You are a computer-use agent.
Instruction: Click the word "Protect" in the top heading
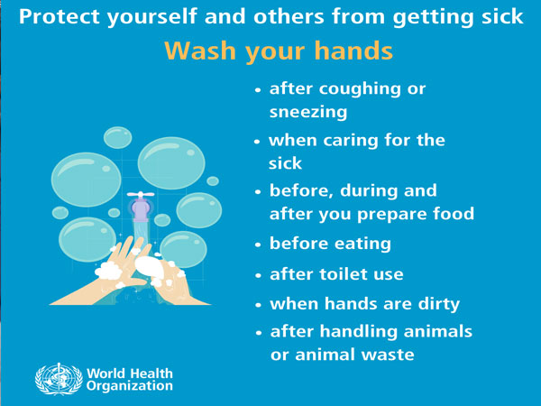point(60,16)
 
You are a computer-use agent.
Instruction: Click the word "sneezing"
point(308,112)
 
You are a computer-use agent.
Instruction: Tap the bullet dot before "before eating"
point(259,245)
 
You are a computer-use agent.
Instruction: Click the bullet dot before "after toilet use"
point(259,275)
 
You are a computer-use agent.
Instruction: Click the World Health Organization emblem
point(59,379)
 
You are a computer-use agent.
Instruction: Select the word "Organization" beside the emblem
point(130,386)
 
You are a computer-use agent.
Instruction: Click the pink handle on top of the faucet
point(141,194)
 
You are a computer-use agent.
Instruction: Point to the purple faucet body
point(141,209)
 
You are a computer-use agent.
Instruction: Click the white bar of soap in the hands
point(150,266)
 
